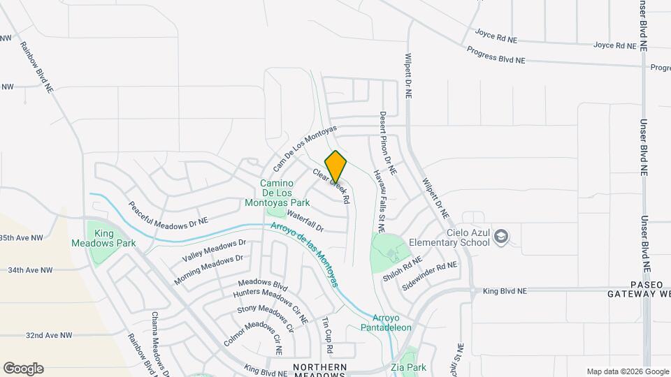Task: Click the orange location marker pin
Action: [x=336, y=167]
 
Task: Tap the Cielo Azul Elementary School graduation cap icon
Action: [x=500, y=237]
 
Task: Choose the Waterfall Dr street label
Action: [x=305, y=223]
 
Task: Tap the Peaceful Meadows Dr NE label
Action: [x=168, y=214]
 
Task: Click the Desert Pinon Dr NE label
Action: [x=388, y=144]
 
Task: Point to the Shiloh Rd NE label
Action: [x=403, y=269]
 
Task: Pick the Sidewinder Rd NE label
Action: [x=429, y=276]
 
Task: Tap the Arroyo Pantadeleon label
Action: [x=387, y=322]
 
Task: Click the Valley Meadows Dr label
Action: [x=215, y=251]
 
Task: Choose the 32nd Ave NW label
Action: [x=49, y=335]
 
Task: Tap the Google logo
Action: [x=23, y=369]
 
